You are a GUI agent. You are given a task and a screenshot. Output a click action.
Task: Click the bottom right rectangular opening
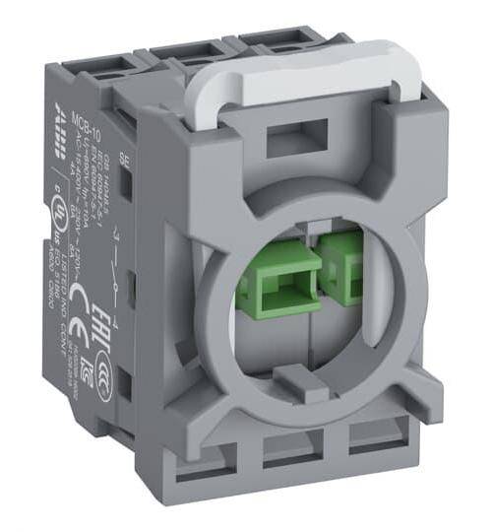[371, 434]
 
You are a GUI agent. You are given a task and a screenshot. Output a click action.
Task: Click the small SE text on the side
[123, 157]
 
